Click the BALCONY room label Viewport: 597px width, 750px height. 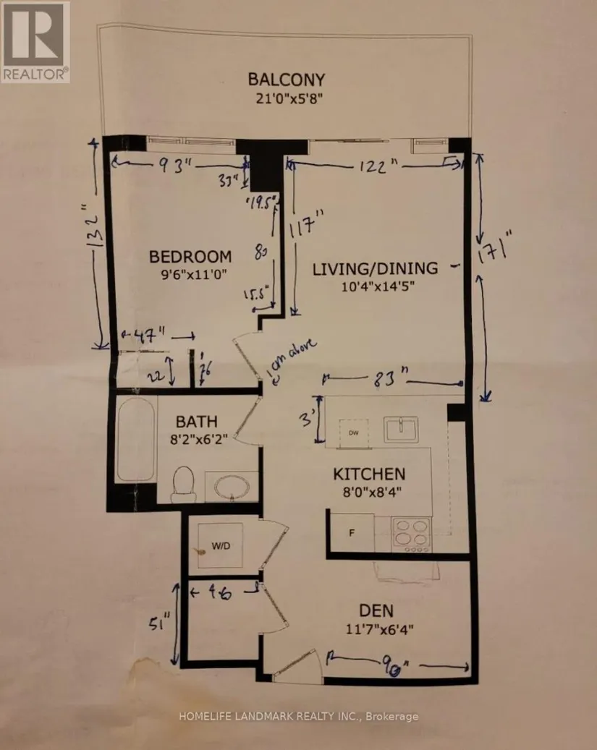[x=286, y=80]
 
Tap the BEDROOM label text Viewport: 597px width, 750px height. [x=190, y=256]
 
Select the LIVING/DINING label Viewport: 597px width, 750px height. [x=375, y=268]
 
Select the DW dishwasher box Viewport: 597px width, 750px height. [x=354, y=432]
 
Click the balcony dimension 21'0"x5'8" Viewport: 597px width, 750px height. [x=286, y=100]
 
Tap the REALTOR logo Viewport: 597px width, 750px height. [x=35, y=41]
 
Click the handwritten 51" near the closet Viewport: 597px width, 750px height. [x=166, y=622]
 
